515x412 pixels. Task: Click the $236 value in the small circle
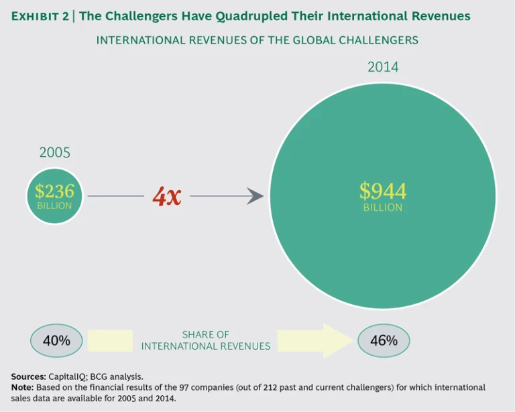[x=55, y=191]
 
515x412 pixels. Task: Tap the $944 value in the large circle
[x=382, y=191]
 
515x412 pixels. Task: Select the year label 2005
[x=55, y=152]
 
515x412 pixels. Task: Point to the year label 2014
[x=382, y=67]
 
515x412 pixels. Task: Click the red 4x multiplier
[x=166, y=196]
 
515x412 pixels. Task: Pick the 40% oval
[x=56, y=340]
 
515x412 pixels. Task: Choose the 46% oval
[x=384, y=340]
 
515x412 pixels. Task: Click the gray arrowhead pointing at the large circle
[x=255, y=196]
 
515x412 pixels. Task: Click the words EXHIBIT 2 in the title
[x=40, y=16]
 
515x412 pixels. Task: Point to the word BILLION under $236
[x=55, y=206]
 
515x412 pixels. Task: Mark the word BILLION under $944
[x=382, y=208]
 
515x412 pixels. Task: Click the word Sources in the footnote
[x=27, y=376]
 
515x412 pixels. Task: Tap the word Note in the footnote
[x=24, y=387]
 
